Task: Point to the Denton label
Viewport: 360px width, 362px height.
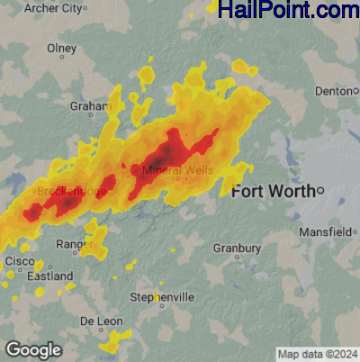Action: pyautogui.click(x=336, y=91)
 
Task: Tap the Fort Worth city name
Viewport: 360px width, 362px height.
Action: pyautogui.click(x=273, y=191)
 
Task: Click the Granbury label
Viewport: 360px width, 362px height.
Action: pyautogui.click(x=237, y=248)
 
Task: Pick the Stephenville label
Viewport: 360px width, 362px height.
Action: pyautogui.click(x=162, y=297)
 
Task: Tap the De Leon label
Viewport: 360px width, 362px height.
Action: pyautogui.click(x=100, y=321)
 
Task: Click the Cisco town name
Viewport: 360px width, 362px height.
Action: pyautogui.click(x=20, y=260)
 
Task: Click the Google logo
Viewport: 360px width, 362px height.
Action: pyautogui.click(x=33, y=349)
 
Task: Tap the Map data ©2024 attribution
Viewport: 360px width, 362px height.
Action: pyautogui.click(x=317, y=353)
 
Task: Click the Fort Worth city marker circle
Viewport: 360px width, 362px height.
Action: pyautogui.click(x=319, y=190)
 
